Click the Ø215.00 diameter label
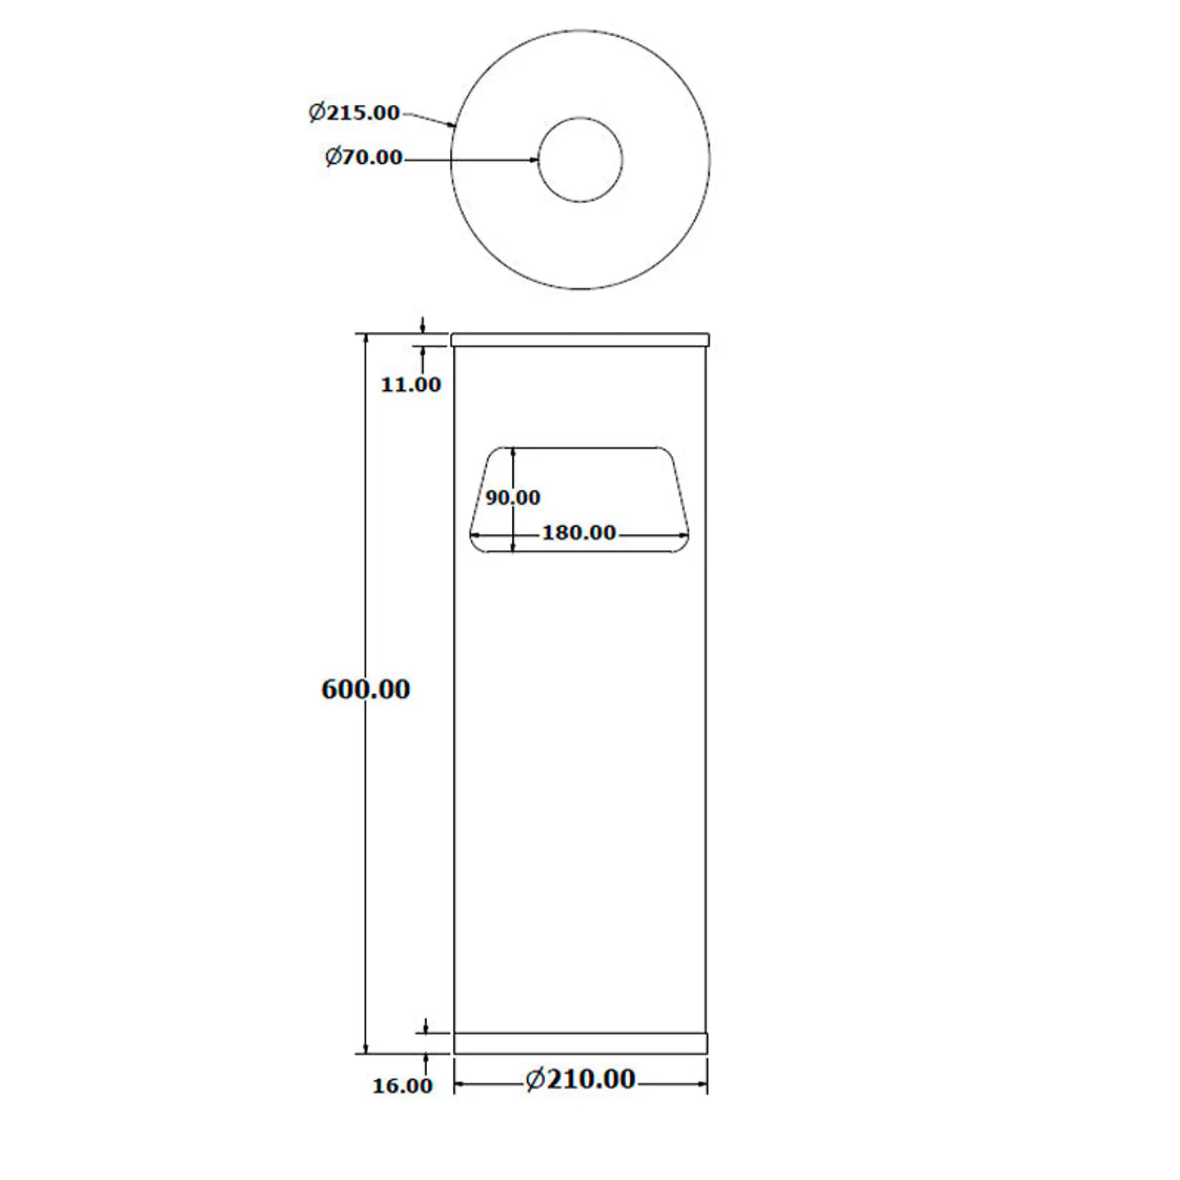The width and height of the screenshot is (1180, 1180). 354,112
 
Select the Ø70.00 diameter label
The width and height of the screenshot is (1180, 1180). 363,157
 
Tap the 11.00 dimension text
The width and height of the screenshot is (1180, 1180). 411,384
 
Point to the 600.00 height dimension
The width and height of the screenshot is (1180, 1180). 365,689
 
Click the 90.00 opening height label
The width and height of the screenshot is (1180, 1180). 512,497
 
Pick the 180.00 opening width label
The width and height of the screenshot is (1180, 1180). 579,533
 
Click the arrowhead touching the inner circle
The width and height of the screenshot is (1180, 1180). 533,160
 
